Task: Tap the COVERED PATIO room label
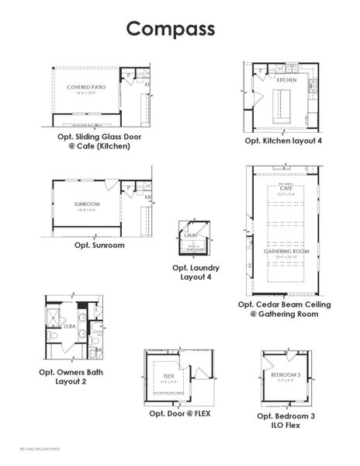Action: (86, 87)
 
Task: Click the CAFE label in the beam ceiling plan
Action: (285, 189)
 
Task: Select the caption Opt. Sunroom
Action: (99, 245)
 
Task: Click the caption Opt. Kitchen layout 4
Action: (283, 141)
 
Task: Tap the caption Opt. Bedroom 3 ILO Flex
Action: (286, 421)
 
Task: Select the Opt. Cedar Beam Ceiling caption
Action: (284, 309)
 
